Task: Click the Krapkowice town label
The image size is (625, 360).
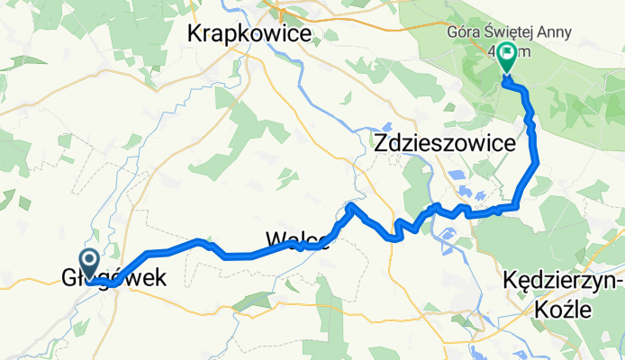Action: click(249, 34)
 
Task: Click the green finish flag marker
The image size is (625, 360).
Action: click(506, 56)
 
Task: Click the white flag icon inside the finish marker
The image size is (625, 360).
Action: click(506, 55)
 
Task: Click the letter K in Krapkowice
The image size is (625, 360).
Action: click(195, 34)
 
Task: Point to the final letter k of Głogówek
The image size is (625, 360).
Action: click(162, 279)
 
